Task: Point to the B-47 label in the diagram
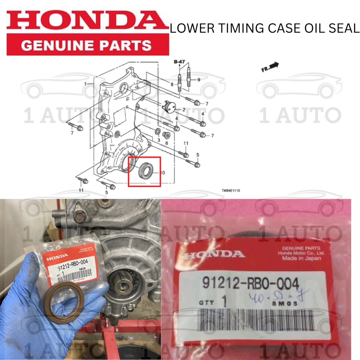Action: point(179,62)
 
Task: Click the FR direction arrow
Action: point(270,67)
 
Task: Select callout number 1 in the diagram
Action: point(85,83)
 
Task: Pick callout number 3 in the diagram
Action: point(159,140)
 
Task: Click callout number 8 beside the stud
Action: point(172,84)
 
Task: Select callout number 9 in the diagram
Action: point(199,80)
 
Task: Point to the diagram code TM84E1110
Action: point(231,191)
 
